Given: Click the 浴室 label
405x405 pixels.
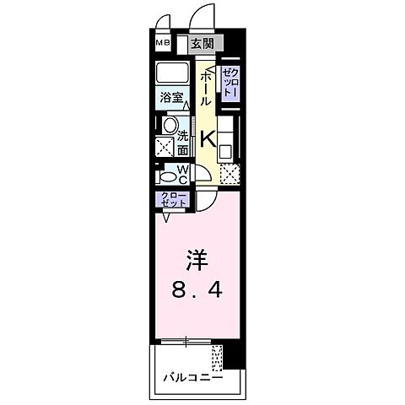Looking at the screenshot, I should click(x=173, y=98).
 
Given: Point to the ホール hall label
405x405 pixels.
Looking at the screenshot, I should click(x=206, y=86).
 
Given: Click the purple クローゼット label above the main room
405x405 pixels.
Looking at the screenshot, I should click(x=171, y=200).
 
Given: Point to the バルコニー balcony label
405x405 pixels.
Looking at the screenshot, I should click(x=192, y=377).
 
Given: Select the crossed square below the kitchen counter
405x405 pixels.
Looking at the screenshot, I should click(x=228, y=175).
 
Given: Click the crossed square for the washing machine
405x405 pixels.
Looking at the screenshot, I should click(x=165, y=145).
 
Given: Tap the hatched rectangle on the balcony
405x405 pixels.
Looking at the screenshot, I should click(x=219, y=359).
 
